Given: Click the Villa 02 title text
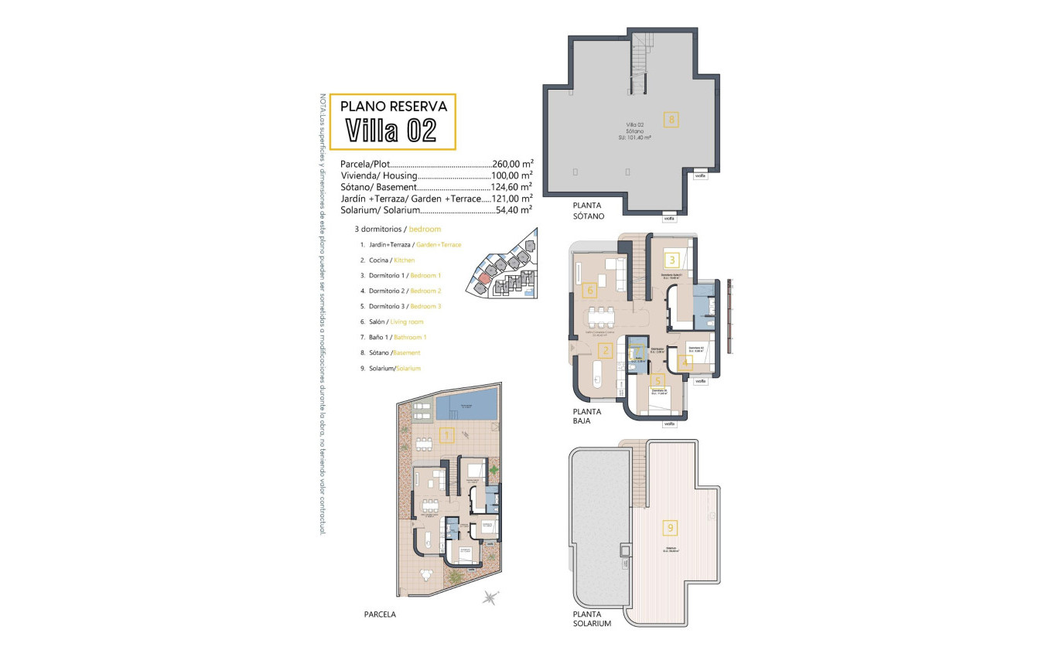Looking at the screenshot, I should [391, 130].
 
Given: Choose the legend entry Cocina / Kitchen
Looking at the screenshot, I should [393, 260].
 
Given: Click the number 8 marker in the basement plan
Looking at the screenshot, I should [671, 119].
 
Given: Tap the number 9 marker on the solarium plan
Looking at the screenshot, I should [671, 529].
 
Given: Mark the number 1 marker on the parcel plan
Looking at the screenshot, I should [446, 435].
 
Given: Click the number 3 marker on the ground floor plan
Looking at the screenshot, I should [672, 260].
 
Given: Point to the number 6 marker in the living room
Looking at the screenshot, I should [589, 291].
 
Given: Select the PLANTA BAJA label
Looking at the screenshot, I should [587, 417].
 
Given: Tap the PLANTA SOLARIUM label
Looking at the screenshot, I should [592, 618].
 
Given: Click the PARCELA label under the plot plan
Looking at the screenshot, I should [380, 614].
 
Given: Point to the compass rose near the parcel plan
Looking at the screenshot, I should [489, 596].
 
